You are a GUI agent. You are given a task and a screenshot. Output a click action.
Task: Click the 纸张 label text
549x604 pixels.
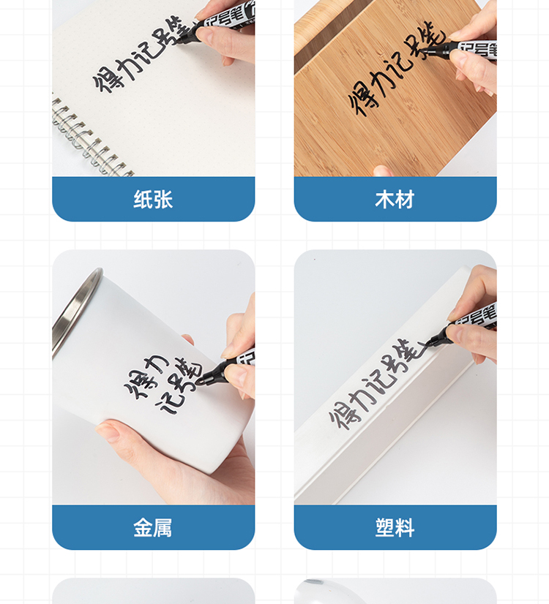pos(153,199)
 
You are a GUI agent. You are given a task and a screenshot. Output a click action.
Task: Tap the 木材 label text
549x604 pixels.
pos(395,199)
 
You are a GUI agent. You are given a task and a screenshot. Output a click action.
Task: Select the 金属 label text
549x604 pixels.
pos(153,527)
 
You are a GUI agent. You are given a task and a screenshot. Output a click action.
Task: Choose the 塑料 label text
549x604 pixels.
pos(395,527)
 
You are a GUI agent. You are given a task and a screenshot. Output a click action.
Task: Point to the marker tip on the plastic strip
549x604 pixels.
pos(428,342)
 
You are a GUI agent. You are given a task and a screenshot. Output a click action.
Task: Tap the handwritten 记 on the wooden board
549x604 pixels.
pos(402,64)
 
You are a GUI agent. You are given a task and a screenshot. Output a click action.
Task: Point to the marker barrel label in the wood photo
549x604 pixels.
pos(478,50)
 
